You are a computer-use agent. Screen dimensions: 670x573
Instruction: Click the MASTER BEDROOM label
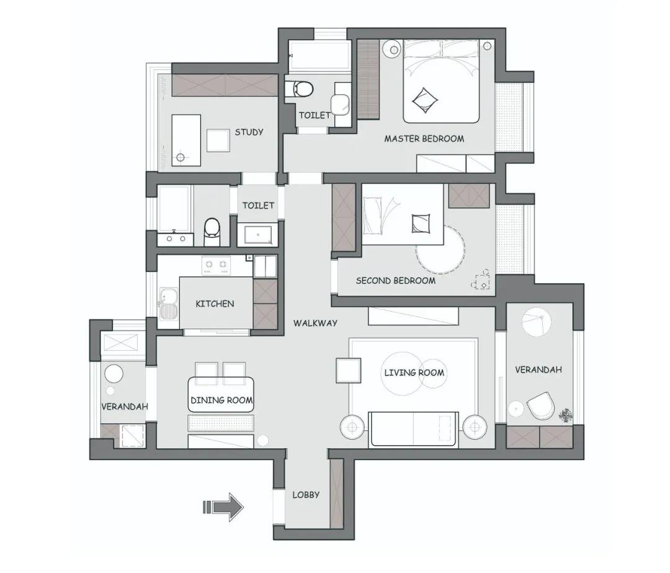(424, 138)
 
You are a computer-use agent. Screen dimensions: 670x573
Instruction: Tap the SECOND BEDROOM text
(396, 281)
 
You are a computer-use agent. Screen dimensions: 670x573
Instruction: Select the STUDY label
(249, 132)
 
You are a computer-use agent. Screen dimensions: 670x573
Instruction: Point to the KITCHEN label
(215, 304)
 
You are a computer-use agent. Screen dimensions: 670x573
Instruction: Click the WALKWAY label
(315, 323)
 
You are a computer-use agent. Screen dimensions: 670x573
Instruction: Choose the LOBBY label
(306, 495)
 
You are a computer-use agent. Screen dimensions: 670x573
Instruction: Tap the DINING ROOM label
(221, 400)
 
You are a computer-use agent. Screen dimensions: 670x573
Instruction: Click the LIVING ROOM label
(414, 373)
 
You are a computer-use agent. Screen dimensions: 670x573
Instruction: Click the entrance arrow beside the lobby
(223, 507)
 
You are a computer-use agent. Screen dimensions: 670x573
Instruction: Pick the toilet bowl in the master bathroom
(300, 89)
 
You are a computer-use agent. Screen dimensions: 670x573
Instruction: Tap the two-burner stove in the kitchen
(216, 265)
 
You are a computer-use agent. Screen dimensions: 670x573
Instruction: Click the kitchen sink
(169, 304)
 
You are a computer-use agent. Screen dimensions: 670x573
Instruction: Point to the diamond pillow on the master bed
(425, 101)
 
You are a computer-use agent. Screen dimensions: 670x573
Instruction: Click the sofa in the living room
(414, 430)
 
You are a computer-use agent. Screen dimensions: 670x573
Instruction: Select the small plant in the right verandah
(566, 415)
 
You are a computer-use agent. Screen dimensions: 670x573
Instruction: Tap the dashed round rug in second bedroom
(440, 250)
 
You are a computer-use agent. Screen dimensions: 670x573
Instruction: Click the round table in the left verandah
(114, 374)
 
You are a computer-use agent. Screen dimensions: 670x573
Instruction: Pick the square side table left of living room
(349, 371)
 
